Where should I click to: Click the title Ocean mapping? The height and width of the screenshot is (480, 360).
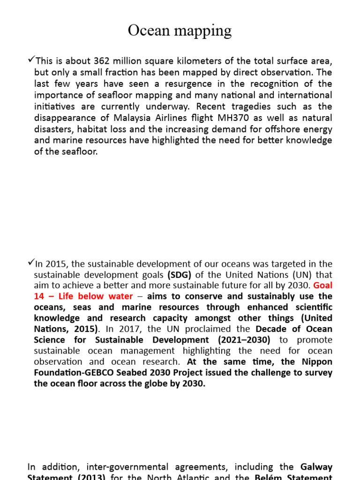[180, 30]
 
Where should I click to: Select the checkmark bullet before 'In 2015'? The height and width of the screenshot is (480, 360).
[31, 263]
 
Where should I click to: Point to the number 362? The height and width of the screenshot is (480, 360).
[103, 61]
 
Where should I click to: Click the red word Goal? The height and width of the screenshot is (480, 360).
[322, 285]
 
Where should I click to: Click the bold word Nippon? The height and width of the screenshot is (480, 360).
[316, 361]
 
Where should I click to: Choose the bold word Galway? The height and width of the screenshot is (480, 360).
[316, 467]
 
